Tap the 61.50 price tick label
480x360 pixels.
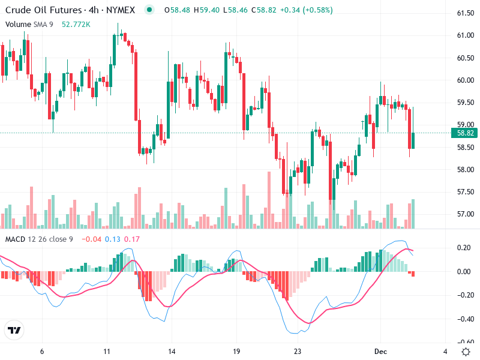[466, 13]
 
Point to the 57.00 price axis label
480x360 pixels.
[466, 214]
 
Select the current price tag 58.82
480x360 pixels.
[466, 133]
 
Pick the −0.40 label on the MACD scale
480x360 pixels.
[464, 319]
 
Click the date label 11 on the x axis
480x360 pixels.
[107, 351]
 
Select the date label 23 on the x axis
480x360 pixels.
[298, 351]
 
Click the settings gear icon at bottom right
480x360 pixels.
[466, 351]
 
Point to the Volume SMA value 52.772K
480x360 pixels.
[76, 24]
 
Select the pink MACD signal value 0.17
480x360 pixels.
[131, 239]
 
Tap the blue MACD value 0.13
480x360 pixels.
[113, 239]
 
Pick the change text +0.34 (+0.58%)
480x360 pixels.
[308, 10]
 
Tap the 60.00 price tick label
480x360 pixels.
[466, 80]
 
